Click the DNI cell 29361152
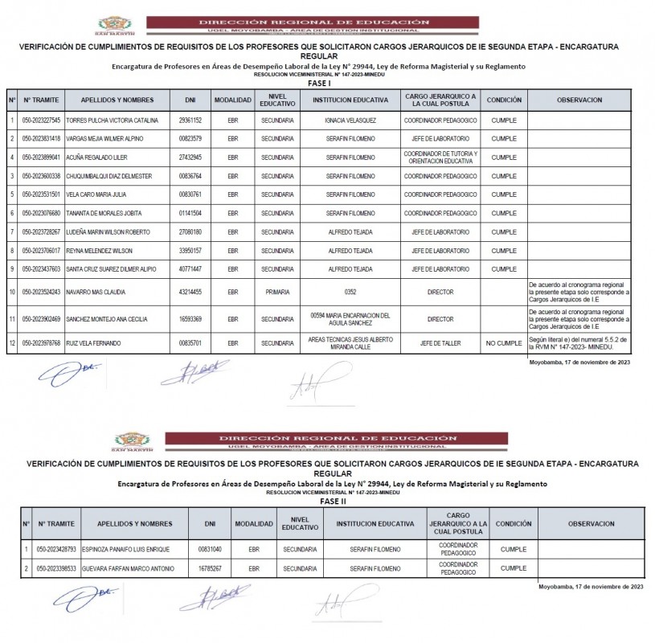[190, 120]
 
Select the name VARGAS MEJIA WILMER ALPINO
[99, 138]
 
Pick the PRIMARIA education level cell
[277, 293]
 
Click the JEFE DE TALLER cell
[440, 343]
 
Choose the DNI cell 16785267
[210, 568]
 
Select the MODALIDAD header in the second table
[254, 523]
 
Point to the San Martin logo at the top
[116, 25]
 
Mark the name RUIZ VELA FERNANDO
[93, 343]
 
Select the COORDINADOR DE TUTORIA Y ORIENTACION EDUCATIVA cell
[440, 157]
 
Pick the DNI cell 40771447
[190, 269]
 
